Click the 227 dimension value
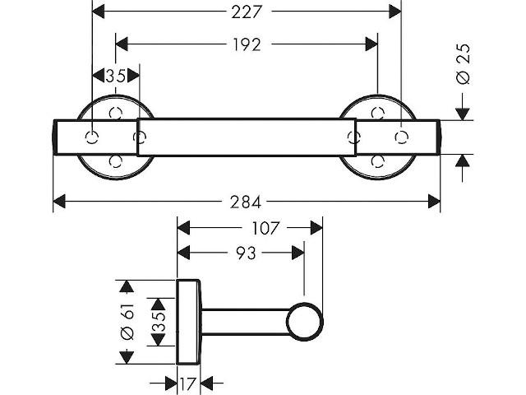[246, 12]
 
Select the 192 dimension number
[247, 44]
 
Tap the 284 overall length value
[245, 202]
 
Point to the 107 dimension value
[265, 229]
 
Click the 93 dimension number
[246, 253]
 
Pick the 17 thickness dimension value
[188, 383]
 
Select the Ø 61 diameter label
[127, 322]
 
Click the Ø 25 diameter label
[464, 64]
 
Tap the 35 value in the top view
[115, 76]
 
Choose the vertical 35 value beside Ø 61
[159, 322]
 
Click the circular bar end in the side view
[305, 322]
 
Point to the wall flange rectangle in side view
[188, 322]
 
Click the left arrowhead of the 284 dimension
[59, 202]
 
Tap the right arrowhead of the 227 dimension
[395, 12]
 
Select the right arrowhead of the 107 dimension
[316, 228]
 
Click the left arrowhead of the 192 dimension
[122, 44]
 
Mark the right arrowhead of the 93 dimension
[298, 253]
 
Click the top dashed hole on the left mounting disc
[116, 113]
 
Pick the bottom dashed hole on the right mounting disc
[378, 161]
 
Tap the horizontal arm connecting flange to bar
[246, 322]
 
